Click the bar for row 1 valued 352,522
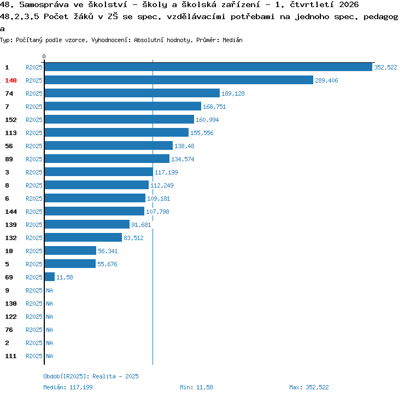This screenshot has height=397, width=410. pyautogui.click(x=208, y=67)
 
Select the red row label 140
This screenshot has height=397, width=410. pyautogui.click(x=11, y=80)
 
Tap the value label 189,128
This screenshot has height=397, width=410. pyautogui.click(x=233, y=94)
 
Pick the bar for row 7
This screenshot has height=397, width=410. pyautogui.click(x=123, y=106)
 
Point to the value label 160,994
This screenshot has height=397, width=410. pyautogui.click(x=207, y=120)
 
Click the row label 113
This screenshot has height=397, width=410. pyautogui.click(x=11, y=133)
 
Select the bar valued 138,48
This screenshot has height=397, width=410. pyautogui.click(x=109, y=145)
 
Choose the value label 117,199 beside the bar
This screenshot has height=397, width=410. pyautogui.click(x=166, y=172)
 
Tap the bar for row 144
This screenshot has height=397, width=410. pyautogui.click(x=95, y=211)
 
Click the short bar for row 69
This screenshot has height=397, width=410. pyautogui.click(x=50, y=277)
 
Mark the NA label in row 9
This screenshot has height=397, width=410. pyautogui.click(x=49, y=290)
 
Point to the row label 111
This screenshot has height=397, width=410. pyautogui.click(x=11, y=356)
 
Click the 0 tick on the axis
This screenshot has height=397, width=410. pyautogui.click(x=44, y=56)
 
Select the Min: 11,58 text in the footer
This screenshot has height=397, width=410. pyautogui.click(x=196, y=387)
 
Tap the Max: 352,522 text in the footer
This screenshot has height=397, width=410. pyautogui.click(x=309, y=387)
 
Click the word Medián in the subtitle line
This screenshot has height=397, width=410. pyautogui.click(x=232, y=40)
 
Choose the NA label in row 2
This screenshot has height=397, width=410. pyautogui.click(x=49, y=343)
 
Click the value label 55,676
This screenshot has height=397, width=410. pyautogui.click(x=107, y=264)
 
